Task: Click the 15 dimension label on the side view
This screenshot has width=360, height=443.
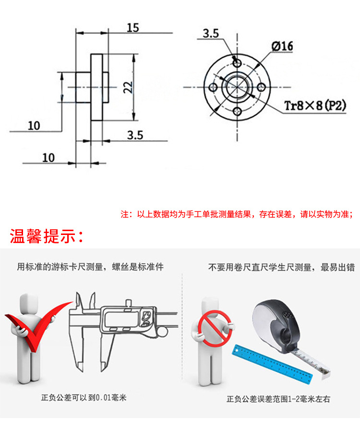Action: [x=132, y=27]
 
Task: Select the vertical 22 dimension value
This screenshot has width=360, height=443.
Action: [x=127, y=86]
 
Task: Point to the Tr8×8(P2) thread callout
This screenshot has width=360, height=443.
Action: [x=315, y=106]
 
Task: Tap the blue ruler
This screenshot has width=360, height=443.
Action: [x=274, y=364]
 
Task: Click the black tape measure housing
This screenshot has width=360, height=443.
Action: [x=277, y=322]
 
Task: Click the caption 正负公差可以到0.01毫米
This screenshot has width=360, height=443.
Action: [x=84, y=398]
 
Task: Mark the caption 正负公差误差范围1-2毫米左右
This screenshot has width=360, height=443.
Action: [x=279, y=399]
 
